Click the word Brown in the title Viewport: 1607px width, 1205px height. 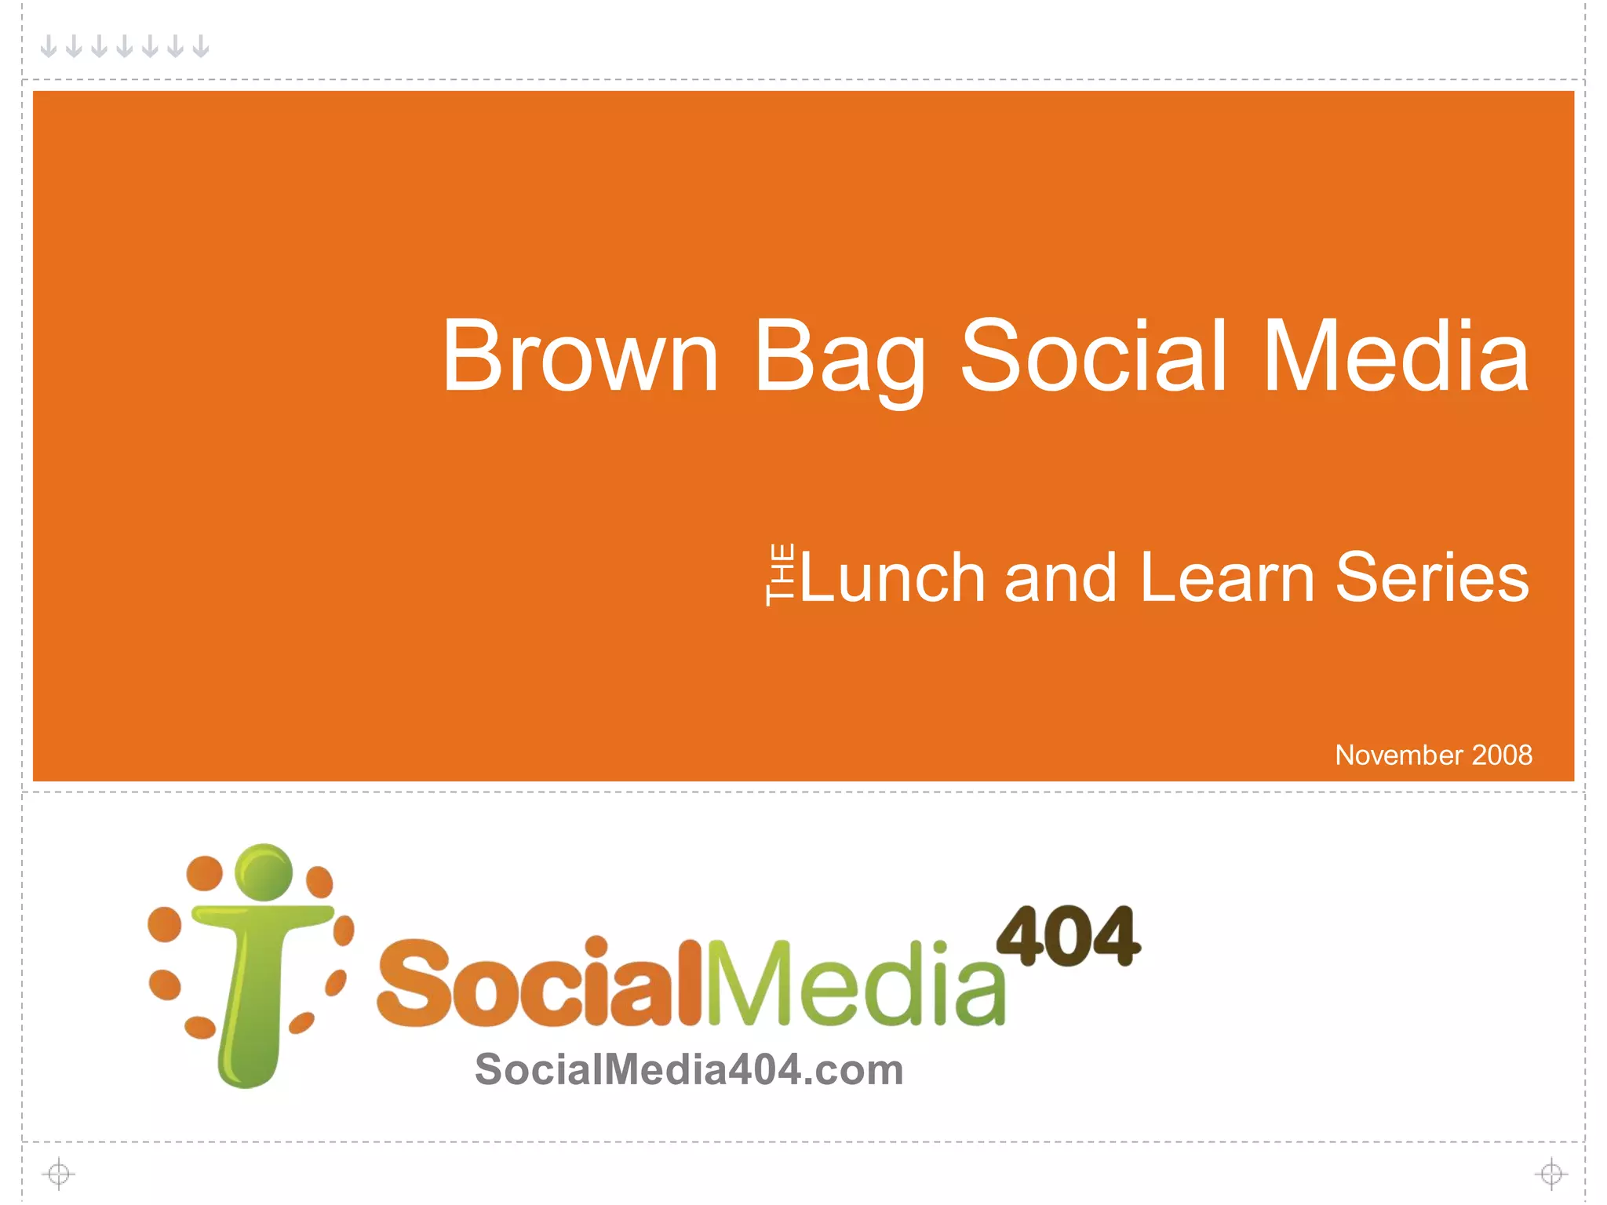tap(580, 356)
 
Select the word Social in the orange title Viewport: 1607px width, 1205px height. tap(1093, 356)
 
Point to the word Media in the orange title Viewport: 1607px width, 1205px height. tap(1395, 356)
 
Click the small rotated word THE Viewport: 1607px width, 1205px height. tap(780, 574)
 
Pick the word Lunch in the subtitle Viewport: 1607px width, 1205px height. tap(892, 577)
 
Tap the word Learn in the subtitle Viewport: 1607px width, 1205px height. tap(1226, 577)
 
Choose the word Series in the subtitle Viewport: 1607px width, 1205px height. tap(1432, 577)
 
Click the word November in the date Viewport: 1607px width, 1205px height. tap(1399, 755)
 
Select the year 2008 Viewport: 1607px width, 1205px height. tap(1502, 755)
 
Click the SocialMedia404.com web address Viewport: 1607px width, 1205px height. tap(689, 1069)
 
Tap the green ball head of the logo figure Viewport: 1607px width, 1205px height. tap(264, 872)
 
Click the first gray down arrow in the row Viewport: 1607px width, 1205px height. tap(49, 46)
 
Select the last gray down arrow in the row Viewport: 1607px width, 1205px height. tap(201, 46)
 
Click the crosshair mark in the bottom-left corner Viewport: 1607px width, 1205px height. tap(59, 1174)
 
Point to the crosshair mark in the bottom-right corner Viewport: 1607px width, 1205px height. tap(1551, 1174)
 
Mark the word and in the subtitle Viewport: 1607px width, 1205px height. tap(1060, 577)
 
